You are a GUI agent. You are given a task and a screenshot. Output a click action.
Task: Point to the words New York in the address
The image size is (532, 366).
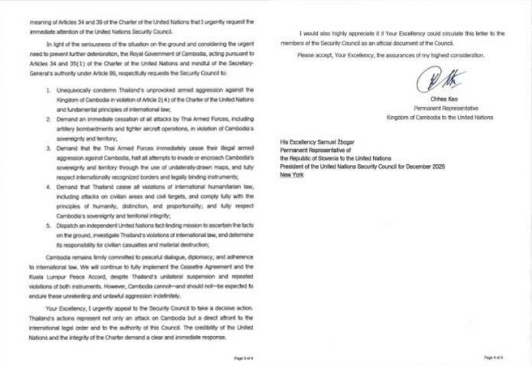(x=290, y=176)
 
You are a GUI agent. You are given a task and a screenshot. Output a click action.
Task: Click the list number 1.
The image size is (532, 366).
(x=42, y=86)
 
